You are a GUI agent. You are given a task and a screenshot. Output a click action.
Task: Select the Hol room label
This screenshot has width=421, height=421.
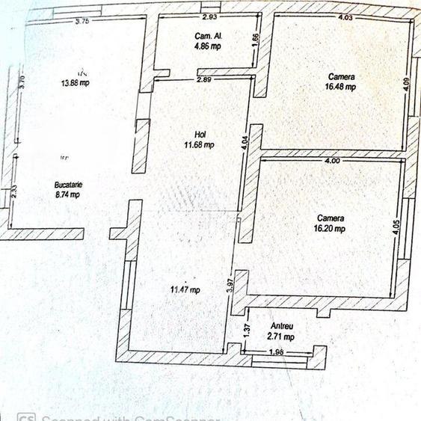coord(200,135)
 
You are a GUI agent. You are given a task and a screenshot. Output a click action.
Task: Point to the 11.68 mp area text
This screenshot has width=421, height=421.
coord(200,145)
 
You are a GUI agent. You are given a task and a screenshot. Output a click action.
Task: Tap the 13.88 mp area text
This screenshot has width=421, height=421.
coord(75,83)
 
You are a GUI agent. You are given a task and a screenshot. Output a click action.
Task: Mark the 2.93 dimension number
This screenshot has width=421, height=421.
coord(209,16)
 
